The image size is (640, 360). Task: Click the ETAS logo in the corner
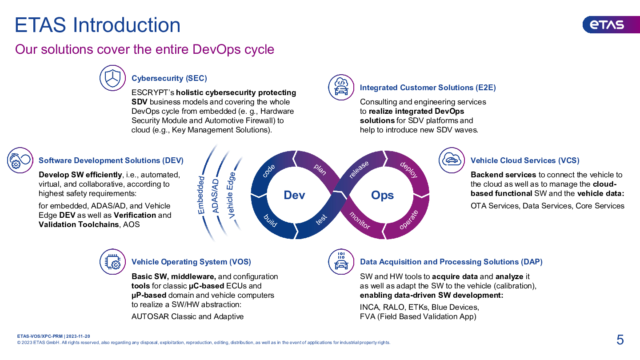(611, 24)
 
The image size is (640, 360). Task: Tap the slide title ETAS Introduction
(97, 25)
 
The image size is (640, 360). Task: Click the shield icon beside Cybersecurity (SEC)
(112, 78)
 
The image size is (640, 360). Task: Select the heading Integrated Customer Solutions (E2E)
(428, 88)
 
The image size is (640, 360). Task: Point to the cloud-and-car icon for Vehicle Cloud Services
(452, 160)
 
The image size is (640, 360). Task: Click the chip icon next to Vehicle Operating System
(112, 262)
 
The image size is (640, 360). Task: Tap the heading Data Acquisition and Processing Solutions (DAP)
(451, 262)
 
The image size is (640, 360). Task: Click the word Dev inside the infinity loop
(294, 195)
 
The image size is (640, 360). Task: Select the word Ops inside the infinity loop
(382, 195)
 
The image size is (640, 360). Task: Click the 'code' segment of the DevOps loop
(268, 171)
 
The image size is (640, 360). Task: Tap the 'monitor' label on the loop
(360, 220)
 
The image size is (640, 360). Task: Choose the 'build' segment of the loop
(270, 220)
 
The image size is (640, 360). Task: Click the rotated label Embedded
(201, 195)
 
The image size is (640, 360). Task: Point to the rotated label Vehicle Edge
(231, 195)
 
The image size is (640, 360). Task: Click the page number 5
(620, 340)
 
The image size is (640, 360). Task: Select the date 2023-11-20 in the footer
(78, 336)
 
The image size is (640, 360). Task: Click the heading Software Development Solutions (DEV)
(111, 160)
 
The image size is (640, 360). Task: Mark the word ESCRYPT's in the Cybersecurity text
(153, 92)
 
